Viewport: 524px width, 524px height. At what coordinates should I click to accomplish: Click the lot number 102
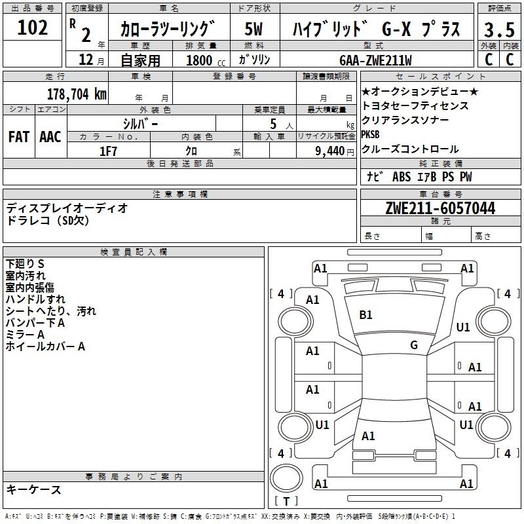[x=32, y=28]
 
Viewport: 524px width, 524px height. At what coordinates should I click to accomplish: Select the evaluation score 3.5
[x=499, y=30]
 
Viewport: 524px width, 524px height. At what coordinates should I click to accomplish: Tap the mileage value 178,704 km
[x=77, y=94]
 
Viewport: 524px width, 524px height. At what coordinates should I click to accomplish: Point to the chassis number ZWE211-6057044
[x=440, y=208]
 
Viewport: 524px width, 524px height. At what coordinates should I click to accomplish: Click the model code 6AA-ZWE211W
[x=375, y=60]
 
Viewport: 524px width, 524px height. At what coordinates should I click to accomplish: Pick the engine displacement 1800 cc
[x=206, y=60]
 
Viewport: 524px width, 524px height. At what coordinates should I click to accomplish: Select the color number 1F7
[x=108, y=151]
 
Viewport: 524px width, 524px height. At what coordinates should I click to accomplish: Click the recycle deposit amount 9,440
[x=330, y=151]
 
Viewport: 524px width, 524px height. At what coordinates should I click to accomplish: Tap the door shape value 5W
[x=253, y=29]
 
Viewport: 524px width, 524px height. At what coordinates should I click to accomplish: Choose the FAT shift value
[x=19, y=137]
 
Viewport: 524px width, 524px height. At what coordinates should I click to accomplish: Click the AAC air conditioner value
[x=50, y=137]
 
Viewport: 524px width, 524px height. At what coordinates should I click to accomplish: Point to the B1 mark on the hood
[x=365, y=315]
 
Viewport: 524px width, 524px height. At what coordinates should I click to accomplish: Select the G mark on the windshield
[x=414, y=345]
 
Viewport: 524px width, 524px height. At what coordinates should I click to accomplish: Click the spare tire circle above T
[x=286, y=477]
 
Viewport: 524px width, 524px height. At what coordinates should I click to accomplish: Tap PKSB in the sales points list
[x=370, y=134]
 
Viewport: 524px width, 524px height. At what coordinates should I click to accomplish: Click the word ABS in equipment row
[x=402, y=177]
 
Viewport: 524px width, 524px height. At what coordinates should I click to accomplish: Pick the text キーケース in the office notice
[x=34, y=489]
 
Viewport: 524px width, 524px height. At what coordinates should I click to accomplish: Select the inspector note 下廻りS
[x=25, y=264]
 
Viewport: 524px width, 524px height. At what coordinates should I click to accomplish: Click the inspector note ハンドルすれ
[x=35, y=299]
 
